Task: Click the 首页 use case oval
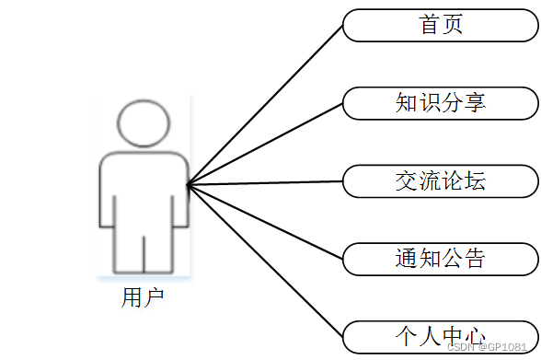[440, 25]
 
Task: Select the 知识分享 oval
[440, 103]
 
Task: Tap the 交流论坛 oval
[440, 181]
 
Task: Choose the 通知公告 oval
[440, 259]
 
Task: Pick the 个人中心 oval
[440, 336]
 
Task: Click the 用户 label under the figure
[144, 297]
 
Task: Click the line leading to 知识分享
[267, 143]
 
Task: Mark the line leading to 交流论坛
[267, 183]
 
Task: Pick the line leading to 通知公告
[267, 222]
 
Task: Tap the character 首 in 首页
[429, 25]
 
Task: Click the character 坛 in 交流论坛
[475, 181]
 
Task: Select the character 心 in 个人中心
[475, 336]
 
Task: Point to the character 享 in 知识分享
[475, 103]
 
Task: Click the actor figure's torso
[144, 189]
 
